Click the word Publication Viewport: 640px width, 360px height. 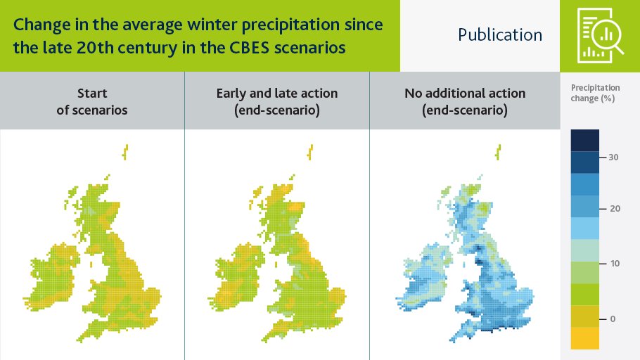(x=500, y=34)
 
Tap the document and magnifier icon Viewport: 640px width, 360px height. (x=600, y=36)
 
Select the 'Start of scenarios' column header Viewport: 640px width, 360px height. (x=92, y=101)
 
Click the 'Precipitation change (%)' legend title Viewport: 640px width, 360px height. (x=595, y=93)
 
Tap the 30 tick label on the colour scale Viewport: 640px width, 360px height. (x=613, y=157)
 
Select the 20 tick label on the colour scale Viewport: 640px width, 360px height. (x=615, y=209)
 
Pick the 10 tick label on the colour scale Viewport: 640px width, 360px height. (x=615, y=264)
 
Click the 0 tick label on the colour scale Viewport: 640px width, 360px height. (x=613, y=319)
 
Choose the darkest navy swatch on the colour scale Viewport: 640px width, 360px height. (x=585, y=141)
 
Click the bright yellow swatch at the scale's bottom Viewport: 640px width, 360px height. (x=585, y=338)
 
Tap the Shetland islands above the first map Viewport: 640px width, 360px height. (x=126, y=153)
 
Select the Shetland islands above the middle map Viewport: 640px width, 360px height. (x=310, y=153)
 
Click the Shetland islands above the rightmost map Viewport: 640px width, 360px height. (x=498, y=153)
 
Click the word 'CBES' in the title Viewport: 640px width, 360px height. (x=249, y=48)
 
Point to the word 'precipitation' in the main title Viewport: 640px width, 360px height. (x=290, y=25)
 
